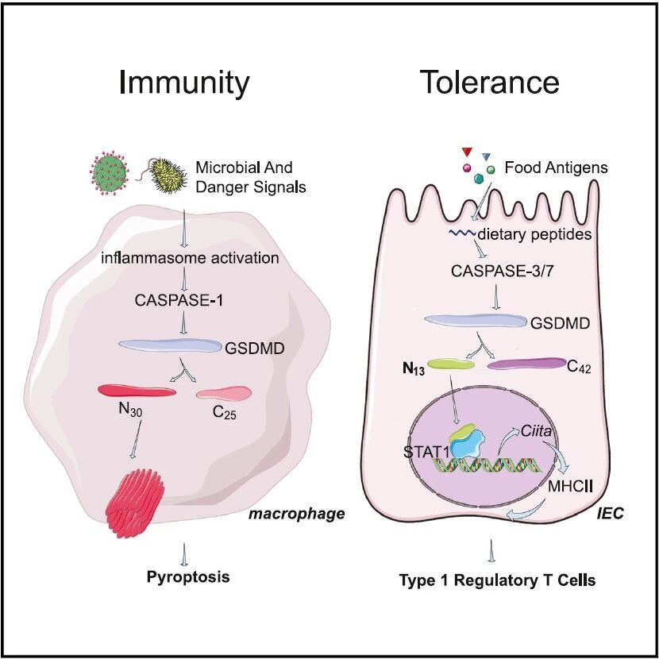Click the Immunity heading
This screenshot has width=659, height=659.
coord(184,83)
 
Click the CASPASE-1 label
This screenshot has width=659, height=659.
coord(179,300)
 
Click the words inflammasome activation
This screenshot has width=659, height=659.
coord(190,257)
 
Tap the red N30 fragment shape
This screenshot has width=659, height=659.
coord(137,391)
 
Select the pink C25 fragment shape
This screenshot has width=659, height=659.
coord(224,393)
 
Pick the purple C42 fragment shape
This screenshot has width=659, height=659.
coord(527,363)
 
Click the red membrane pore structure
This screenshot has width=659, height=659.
coord(135,503)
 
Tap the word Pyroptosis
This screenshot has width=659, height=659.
coord(188,576)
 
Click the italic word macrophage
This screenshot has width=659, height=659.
coord(297,513)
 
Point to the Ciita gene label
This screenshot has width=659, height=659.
coord(536,431)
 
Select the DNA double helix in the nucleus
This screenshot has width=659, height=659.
coord(485,465)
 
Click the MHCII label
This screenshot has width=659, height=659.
coord(570,486)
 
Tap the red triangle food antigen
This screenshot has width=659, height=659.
coord(467,152)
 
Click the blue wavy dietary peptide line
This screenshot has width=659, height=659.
coord(461,233)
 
